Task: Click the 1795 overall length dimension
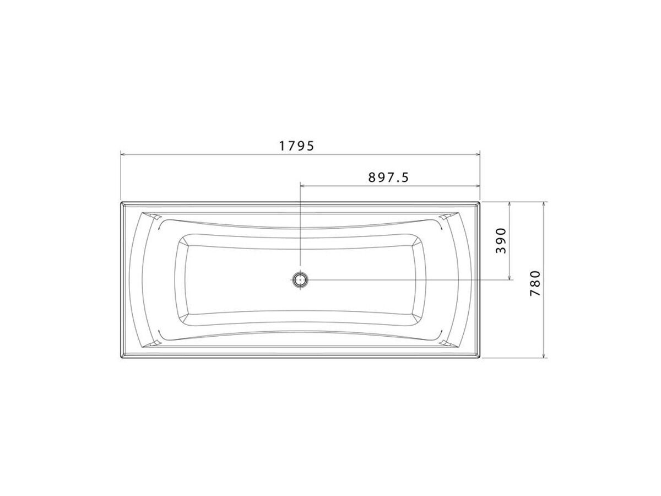tap(296, 146)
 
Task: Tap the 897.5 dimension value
tap(388, 177)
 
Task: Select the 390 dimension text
tap(501, 241)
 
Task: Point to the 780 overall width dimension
tap(535, 283)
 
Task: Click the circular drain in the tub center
tap(300, 280)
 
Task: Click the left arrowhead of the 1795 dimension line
tap(123, 154)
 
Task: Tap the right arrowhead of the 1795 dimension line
tap(478, 154)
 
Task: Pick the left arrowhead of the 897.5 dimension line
tap(302, 186)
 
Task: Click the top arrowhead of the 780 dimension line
tap(544, 204)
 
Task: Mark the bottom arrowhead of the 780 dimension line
tap(544, 355)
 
